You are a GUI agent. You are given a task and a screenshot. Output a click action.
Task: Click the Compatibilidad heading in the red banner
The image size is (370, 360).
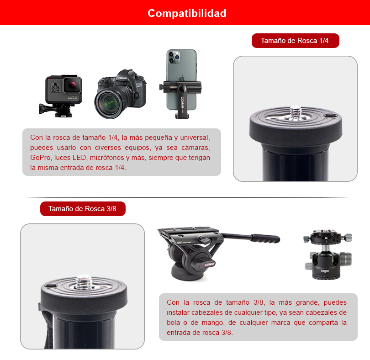click(x=187, y=13)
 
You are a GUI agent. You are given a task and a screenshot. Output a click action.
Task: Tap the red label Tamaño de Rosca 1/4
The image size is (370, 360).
click(x=295, y=41)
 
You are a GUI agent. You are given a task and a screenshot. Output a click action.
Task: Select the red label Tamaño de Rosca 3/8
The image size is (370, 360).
click(x=82, y=209)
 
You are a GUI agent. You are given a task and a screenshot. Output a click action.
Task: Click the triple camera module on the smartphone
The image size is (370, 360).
click(x=174, y=57)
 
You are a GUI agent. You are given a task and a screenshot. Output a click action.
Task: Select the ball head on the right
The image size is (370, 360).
click(x=328, y=256)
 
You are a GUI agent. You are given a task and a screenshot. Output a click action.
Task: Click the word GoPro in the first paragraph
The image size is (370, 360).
click(x=40, y=158)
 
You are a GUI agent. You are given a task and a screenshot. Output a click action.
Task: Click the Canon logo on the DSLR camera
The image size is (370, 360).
click(x=122, y=78)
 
